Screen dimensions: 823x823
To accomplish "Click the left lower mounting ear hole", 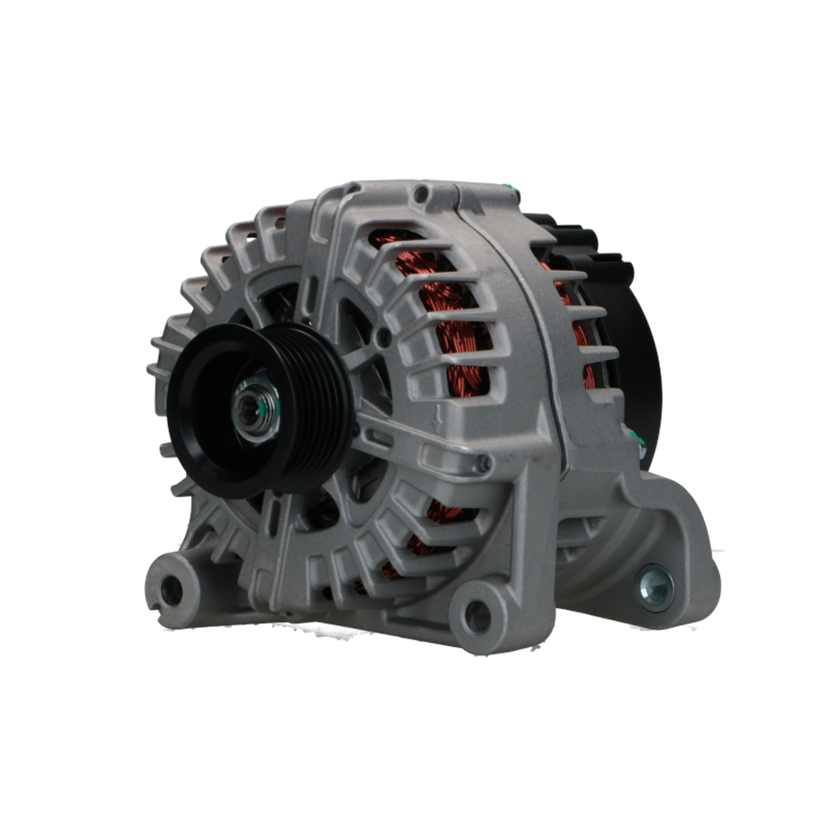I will (170, 589).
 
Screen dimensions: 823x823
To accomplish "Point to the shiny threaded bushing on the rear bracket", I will (655, 588).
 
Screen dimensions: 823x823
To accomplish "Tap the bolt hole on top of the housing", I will (421, 194).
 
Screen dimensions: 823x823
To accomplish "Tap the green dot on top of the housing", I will (514, 194).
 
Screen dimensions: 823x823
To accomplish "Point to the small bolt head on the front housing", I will (483, 465).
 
